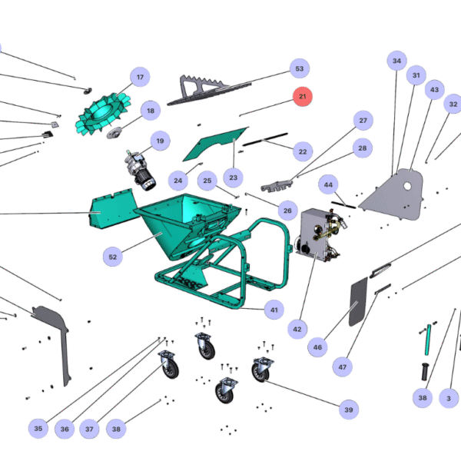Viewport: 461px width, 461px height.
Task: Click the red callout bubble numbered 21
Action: click(302, 97)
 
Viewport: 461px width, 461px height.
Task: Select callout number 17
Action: click(140, 78)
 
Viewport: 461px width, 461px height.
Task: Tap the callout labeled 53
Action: click(299, 69)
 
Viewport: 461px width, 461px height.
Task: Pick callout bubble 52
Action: click(113, 257)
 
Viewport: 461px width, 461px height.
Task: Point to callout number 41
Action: click(273, 310)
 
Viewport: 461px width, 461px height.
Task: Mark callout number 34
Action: click(396, 61)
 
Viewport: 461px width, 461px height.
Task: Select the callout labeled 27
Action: click(363, 121)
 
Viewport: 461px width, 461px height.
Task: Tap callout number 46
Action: click(317, 347)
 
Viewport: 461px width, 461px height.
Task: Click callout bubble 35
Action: click(38, 428)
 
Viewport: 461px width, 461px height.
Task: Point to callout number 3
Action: click(449, 398)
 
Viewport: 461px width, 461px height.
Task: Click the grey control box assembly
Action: click(315, 235)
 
